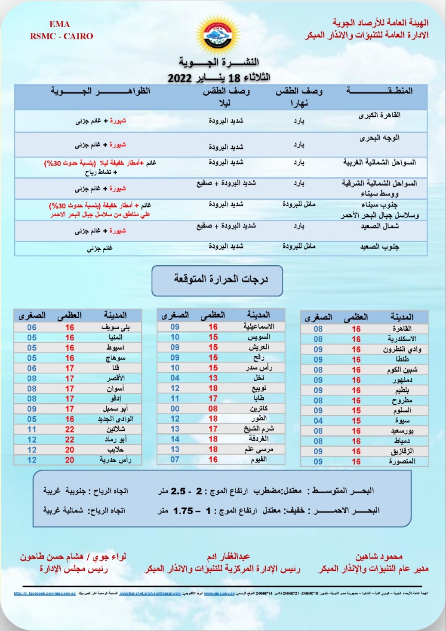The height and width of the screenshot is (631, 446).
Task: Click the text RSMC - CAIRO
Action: pyautogui.click(x=62, y=36)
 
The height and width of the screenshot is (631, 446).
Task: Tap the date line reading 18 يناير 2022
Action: pyautogui.click(x=219, y=78)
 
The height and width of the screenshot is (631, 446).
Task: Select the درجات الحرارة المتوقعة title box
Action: pyautogui.click(x=217, y=280)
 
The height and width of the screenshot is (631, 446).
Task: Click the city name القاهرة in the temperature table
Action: pyautogui.click(x=402, y=328)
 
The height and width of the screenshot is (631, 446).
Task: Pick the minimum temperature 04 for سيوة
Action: pyautogui.click(x=318, y=420)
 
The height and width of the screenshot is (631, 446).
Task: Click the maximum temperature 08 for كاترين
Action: pyautogui.click(x=213, y=408)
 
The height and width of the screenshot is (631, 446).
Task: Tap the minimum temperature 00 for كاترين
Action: pyautogui.click(x=175, y=408)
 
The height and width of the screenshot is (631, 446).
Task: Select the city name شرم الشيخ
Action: pyautogui.click(x=259, y=429)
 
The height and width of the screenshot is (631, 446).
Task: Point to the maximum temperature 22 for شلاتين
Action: pyautogui.click(x=70, y=429)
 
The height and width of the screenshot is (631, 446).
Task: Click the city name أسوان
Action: pyautogui.click(x=115, y=388)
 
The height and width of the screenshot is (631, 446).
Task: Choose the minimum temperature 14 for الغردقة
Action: pyautogui.click(x=175, y=439)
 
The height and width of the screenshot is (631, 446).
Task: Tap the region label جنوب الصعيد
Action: pyautogui.click(x=379, y=247)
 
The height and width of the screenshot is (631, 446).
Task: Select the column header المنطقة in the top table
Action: pyautogui.click(x=379, y=91)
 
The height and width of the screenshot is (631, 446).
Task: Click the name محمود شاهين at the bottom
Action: pyautogui.click(x=378, y=557)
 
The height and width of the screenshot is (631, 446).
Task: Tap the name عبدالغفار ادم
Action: pyautogui.click(x=228, y=557)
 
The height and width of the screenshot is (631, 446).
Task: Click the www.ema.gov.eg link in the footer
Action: pyautogui.click(x=219, y=594)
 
